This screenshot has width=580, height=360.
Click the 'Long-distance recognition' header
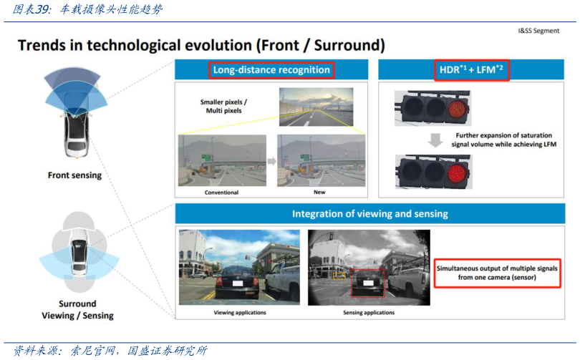click(x=271, y=70)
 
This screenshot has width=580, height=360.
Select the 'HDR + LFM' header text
click(x=471, y=69)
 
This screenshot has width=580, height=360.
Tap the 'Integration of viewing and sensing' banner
click(x=370, y=213)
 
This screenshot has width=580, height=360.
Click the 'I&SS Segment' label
click(x=538, y=31)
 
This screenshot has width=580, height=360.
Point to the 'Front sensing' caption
click(x=74, y=175)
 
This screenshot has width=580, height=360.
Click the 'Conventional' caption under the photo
click(x=221, y=193)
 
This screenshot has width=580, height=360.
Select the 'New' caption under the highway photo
click(x=319, y=192)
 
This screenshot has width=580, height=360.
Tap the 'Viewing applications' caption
click(x=240, y=312)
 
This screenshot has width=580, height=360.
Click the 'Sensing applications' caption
click(x=369, y=312)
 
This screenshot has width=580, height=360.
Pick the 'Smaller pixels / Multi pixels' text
click(x=224, y=106)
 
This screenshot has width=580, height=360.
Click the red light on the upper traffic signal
click(x=458, y=108)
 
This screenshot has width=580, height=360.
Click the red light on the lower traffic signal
click(x=458, y=173)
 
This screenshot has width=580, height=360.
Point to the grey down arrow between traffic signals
click(x=435, y=140)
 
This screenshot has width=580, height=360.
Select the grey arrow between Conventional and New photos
click(x=272, y=161)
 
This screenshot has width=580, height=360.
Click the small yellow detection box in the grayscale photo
click(x=339, y=276)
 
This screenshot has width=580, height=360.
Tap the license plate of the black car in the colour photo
click(x=238, y=283)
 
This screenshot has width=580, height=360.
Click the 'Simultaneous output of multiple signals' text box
click(x=497, y=273)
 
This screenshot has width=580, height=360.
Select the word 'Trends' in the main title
click(x=41, y=45)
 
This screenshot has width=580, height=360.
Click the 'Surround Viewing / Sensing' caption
click(x=77, y=310)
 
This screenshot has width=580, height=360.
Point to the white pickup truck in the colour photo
click(x=282, y=279)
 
